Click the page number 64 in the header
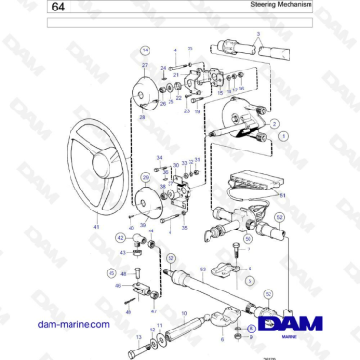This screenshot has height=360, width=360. pos(59,8)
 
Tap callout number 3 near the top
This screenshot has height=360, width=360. pos(259,33)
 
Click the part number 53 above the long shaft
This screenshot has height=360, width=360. pos(202,270)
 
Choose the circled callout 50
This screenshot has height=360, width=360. pos(248,240)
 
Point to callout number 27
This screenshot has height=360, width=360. pos(145,65)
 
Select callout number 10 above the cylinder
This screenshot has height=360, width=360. pos(184,311)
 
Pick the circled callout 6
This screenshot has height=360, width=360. pos(250,329)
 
